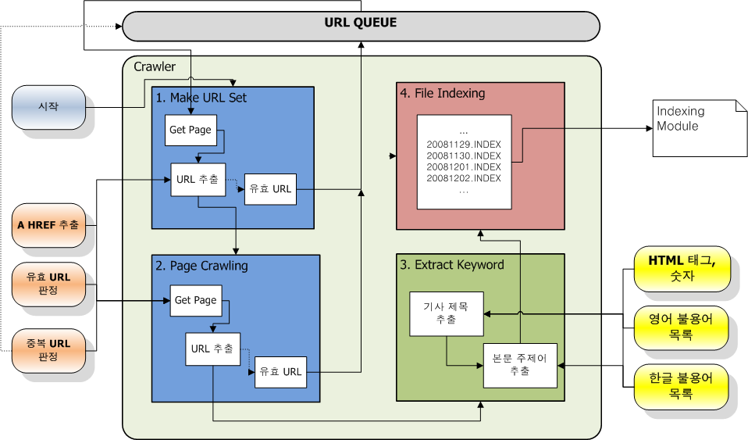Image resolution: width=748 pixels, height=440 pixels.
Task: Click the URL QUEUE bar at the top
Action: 361,27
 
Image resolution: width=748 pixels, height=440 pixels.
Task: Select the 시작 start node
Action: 48,107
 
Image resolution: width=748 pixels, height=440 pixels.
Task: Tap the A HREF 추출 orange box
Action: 48,225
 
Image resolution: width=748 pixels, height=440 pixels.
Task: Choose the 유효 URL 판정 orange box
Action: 48,284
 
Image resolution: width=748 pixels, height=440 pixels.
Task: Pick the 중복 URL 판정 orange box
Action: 48,351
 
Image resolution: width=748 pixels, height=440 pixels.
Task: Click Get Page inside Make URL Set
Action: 191,130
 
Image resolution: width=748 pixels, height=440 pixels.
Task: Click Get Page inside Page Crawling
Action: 196,301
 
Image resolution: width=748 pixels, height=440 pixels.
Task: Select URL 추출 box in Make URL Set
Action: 198,180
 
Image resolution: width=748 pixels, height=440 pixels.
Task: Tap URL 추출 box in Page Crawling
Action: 212,349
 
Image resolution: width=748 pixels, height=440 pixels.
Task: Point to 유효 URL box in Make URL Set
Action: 270,189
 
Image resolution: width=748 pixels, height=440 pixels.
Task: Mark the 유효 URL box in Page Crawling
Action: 280,372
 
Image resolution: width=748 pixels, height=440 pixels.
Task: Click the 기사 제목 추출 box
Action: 447,314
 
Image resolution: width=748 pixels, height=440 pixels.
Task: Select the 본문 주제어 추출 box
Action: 520,366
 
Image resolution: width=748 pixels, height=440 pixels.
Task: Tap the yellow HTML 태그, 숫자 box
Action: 682,269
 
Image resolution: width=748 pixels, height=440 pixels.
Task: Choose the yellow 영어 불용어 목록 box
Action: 681,327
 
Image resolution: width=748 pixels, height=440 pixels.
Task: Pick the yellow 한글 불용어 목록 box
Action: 681,387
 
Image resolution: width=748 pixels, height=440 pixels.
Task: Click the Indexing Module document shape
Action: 700,128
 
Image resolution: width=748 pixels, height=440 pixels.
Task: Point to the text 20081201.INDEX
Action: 464,166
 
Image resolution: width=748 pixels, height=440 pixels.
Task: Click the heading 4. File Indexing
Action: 443,93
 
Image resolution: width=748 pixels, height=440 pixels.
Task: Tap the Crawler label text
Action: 155,67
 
